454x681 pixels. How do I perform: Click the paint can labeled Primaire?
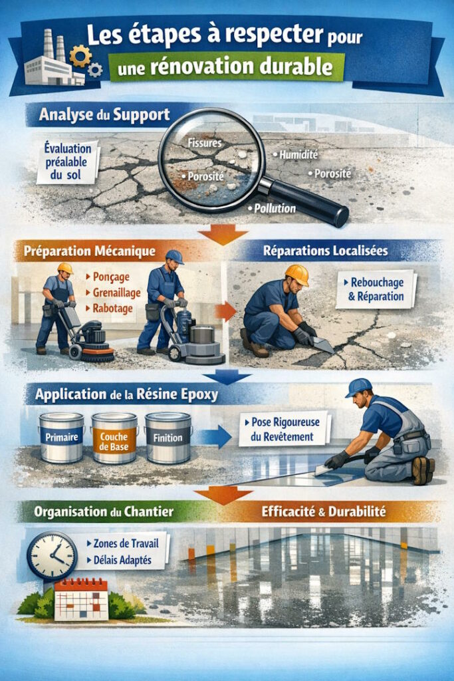[x=61, y=438]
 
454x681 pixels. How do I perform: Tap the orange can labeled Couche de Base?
[x=114, y=438]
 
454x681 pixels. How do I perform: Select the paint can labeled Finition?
[x=168, y=438]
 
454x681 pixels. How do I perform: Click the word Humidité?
[x=298, y=154]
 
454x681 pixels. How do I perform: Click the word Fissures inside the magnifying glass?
[x=205, y=142]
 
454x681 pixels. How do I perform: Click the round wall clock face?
[x=52, y=556]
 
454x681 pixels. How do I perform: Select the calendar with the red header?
[x=80, y=599]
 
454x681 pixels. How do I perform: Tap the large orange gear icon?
[x=80, y=56]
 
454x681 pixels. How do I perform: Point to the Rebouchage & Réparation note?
[x=376, y=289]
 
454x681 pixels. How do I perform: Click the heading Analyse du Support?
[x=104, y=114]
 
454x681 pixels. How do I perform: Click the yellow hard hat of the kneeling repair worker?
[x=297, y=275]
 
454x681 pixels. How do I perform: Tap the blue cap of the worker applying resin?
[x=358, y=387]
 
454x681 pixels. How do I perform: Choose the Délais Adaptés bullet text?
[x=122, y=560]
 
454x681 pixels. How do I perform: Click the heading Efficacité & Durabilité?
[x=323, y=511]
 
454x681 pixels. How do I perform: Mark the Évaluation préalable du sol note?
[x=68, y=162]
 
